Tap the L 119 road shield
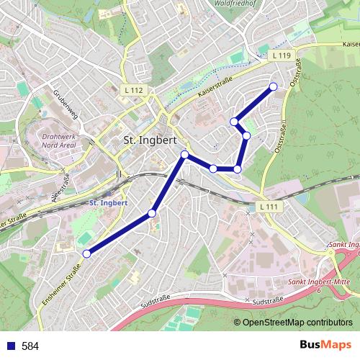pos(282,55)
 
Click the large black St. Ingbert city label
pos(150,140)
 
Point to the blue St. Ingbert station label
pos(108,203)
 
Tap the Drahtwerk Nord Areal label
pos(62,139)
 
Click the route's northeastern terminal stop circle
pos(273,87)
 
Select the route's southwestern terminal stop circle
pos(87,253)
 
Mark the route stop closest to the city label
pos(185,155)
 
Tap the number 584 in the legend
pos(30,346)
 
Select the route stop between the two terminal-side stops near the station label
pos(152,212)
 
